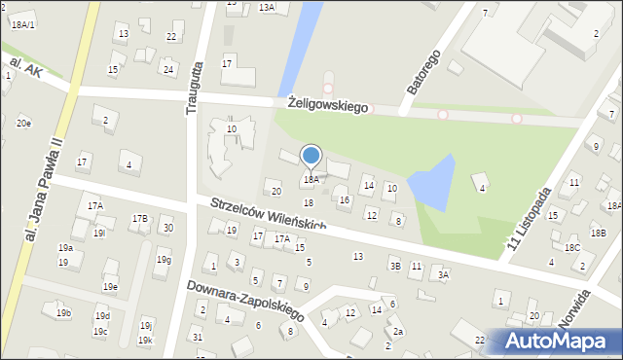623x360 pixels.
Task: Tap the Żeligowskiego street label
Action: [328, 104]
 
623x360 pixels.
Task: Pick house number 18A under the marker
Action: [311, 180]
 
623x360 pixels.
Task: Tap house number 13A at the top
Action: [267, 7]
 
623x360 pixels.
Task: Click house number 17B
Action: [140, 219]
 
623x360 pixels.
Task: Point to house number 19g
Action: [164, 260]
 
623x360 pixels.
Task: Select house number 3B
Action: [394, 266]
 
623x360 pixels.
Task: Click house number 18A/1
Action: [23, 24]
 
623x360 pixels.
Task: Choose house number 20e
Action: [23, 124]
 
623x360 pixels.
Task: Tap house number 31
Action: [198, 337]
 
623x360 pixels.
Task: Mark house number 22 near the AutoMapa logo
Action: [480, 340]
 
